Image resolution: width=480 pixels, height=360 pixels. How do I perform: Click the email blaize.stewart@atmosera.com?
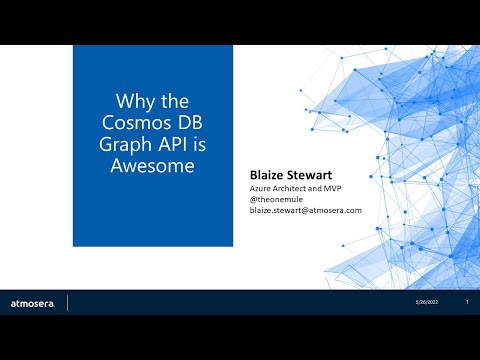[x=305, y=210]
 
